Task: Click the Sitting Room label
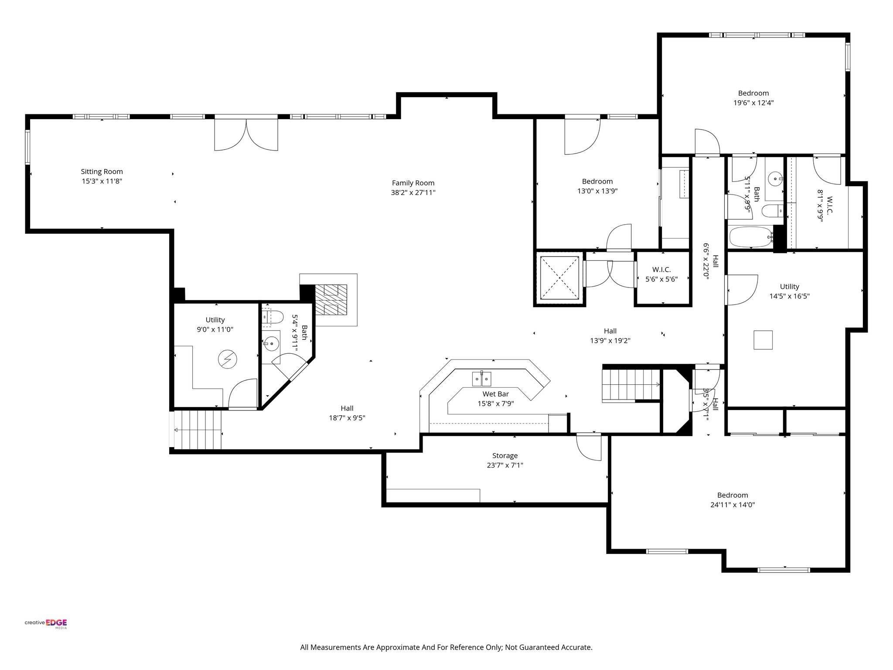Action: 102,171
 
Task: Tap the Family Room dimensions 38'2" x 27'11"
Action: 413,192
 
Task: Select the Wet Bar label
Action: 495,394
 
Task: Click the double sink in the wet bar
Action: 482,379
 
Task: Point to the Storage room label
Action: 504,455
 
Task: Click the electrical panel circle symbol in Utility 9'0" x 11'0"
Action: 227,360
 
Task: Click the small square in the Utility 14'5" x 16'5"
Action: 763,340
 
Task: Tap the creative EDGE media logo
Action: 46,623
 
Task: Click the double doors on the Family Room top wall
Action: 246,133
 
